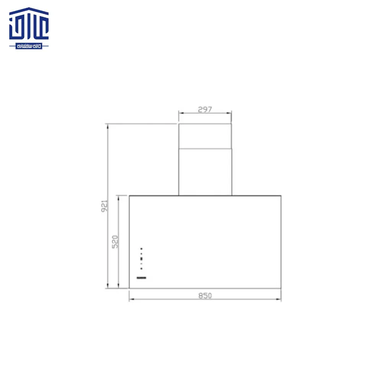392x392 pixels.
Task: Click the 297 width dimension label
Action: coord(205,109)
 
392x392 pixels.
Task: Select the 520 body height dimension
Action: coord(115,242)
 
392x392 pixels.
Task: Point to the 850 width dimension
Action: coord(205,296)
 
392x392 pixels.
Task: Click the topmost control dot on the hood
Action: coord(141,248)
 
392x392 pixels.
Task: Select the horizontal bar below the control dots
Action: coord(142,278)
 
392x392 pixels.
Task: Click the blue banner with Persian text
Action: coord(29,46)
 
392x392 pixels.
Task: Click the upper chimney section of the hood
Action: coord(205,136)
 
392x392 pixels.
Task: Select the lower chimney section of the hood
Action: coord(205,172)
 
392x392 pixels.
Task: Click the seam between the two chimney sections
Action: coord(205,148)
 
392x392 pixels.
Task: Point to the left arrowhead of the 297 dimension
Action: coord(180,113)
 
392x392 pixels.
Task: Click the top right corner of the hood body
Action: coord(281,196)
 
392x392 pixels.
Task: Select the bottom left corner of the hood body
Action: coord(129,288)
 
